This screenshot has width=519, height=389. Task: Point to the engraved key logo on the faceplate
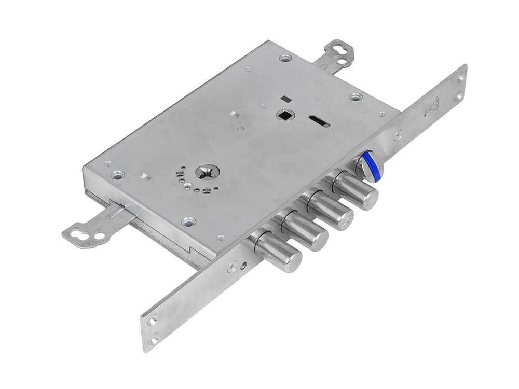(432, 107)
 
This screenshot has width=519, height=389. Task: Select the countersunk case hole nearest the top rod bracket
(285, 58)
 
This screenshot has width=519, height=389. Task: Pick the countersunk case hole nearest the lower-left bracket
(118, 175)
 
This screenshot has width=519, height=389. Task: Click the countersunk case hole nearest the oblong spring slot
(355, 97)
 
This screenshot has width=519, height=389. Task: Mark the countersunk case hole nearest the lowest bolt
(189, 221)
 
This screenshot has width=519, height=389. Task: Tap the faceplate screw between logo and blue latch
(398, 136)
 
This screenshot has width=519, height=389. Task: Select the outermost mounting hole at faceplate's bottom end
(154, 341)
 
